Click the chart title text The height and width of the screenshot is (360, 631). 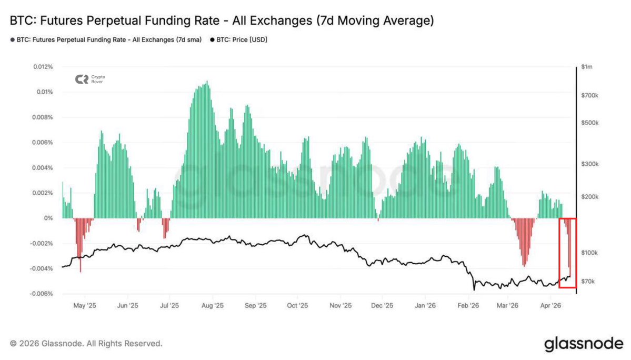[x=222, y=21]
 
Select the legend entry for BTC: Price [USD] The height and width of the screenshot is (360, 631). [x=239, y=39]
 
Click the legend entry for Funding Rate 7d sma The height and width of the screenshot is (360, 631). [x=106, y=39]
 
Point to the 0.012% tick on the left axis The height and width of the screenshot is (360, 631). [x=43, y=67]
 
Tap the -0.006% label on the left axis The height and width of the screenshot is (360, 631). [x=42, y=294]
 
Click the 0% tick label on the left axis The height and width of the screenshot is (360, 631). [x=49, y=218]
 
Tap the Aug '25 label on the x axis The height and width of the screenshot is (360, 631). [x=212, y=305]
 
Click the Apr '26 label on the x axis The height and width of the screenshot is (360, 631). [x=550, y=305]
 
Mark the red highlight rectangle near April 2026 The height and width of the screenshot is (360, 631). [x=567, y=253]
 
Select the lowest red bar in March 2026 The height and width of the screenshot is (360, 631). [x=524, y=265]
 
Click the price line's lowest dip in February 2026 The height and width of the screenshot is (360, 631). [x=474, y=289]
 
